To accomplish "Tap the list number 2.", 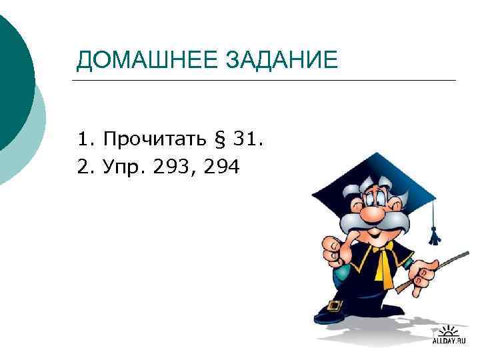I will point(82,167).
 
